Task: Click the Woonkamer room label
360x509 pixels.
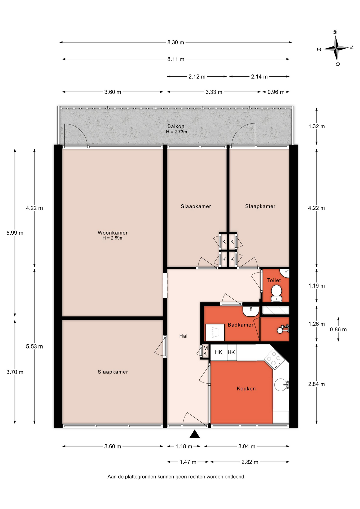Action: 113,233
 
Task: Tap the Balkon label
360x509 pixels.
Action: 176,126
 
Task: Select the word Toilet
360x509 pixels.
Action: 274,280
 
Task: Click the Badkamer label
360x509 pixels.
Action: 240,325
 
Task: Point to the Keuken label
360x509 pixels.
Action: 246,389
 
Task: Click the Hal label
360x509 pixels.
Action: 183,336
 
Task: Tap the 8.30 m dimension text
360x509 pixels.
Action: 175,42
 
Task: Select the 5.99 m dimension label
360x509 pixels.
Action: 15,233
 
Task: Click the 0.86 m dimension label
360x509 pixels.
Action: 338,330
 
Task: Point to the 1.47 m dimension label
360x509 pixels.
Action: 188,462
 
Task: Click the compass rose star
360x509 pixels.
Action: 336,48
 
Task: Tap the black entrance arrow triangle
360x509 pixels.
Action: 195,434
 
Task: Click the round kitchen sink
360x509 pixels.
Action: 281,385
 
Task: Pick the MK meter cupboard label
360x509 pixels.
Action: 205,351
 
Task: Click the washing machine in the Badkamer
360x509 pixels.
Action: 215,332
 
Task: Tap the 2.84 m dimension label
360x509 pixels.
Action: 316,384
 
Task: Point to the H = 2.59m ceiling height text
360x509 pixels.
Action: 113,238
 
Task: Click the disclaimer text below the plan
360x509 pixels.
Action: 176,477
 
